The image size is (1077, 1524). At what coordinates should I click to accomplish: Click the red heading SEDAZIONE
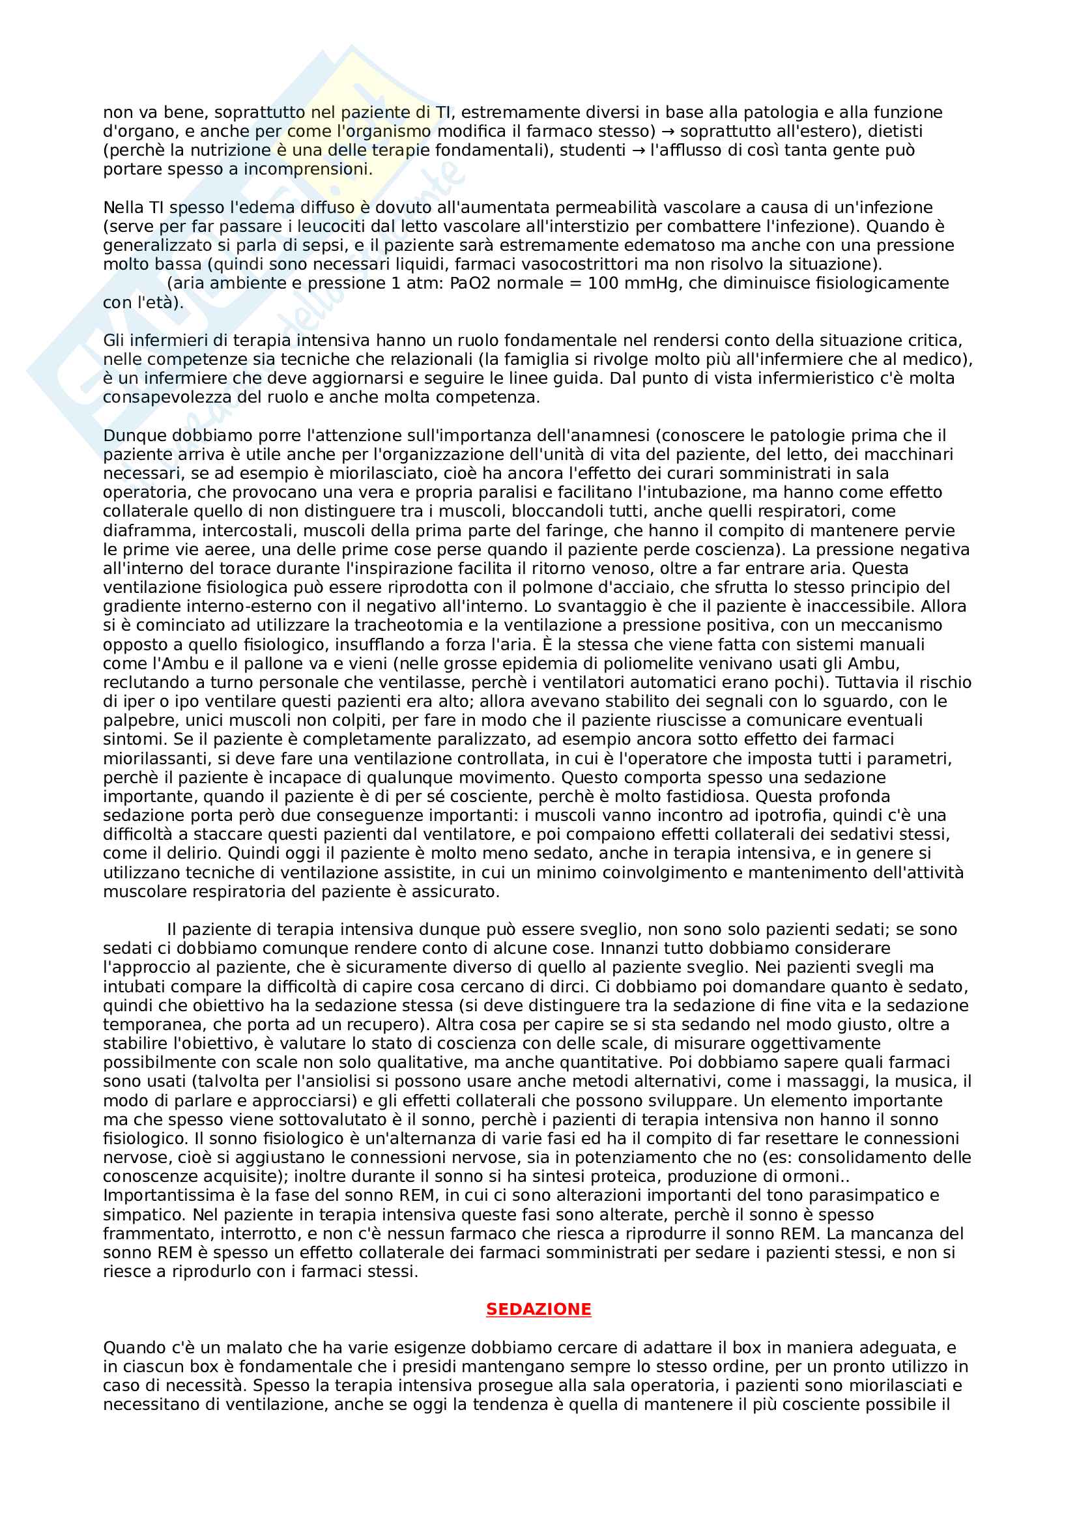[x=538, y=1309]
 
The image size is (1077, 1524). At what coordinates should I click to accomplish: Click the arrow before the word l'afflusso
[x=638, y=151]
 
